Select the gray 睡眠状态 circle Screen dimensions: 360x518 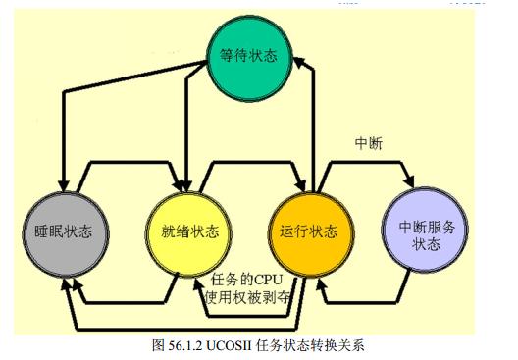64,232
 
